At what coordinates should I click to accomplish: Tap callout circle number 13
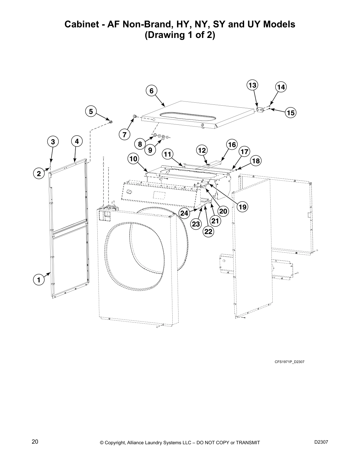click(252, 85)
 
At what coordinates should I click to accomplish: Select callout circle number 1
click(39, 280)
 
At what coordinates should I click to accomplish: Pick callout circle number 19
click(242, 207)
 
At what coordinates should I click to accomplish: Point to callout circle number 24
click(184, 213)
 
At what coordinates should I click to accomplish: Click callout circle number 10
click(133, 159)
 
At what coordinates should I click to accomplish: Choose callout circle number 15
click(291, 113)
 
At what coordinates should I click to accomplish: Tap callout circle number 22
click(208, 232)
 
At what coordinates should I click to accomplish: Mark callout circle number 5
click(91, 111)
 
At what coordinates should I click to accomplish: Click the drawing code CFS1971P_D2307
click(289, 362)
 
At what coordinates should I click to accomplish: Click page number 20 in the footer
click(35, 442)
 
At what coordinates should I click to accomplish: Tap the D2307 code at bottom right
click(321, 442)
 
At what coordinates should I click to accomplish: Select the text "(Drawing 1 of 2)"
click(180, 35)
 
